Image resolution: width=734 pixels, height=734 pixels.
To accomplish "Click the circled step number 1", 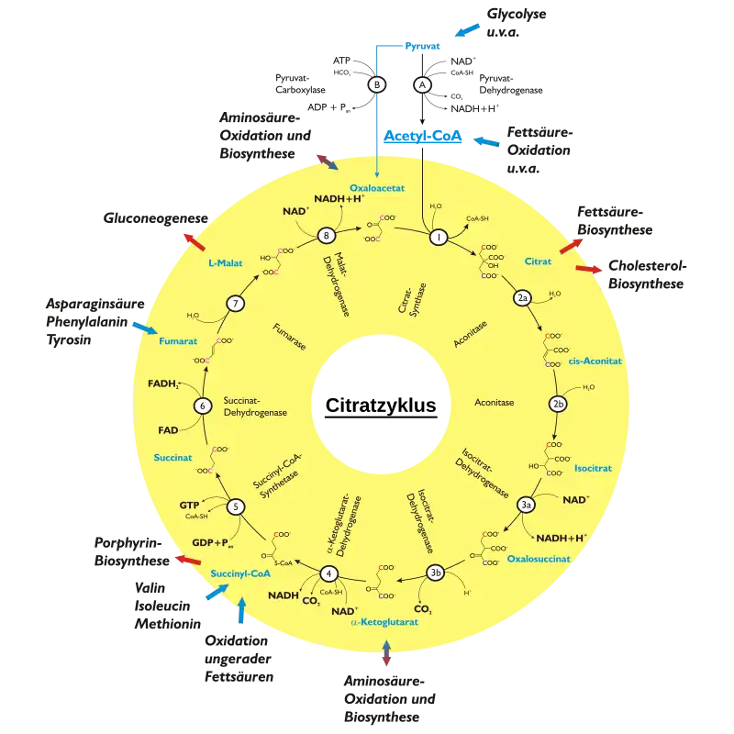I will coord(439,237).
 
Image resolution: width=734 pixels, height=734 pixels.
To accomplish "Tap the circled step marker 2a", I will coord(522,297).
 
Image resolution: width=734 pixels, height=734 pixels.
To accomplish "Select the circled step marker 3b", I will coord(437,574).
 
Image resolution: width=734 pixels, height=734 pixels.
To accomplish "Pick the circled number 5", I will coord(237,506).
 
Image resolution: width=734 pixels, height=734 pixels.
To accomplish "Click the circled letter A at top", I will coord(423,83).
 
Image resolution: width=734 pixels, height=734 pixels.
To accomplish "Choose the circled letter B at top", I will coord(377,83).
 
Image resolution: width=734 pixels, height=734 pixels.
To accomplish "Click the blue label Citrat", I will coord(538,261).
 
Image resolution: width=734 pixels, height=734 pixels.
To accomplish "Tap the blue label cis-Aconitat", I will coord(595,361).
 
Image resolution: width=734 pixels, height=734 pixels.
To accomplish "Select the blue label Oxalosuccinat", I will coord(539,558).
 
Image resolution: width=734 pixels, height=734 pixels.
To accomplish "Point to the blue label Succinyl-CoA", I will coord(239,573).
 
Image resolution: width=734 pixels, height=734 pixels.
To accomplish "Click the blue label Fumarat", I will coord(177,341).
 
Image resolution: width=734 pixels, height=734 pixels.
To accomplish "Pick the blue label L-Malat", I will coord(225,262).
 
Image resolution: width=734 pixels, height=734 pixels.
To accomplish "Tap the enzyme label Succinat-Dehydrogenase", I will coord(256,406).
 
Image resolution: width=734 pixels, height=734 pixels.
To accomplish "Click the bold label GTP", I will coord(190,505).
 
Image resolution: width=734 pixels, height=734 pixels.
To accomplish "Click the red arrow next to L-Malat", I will coord(194,241).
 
